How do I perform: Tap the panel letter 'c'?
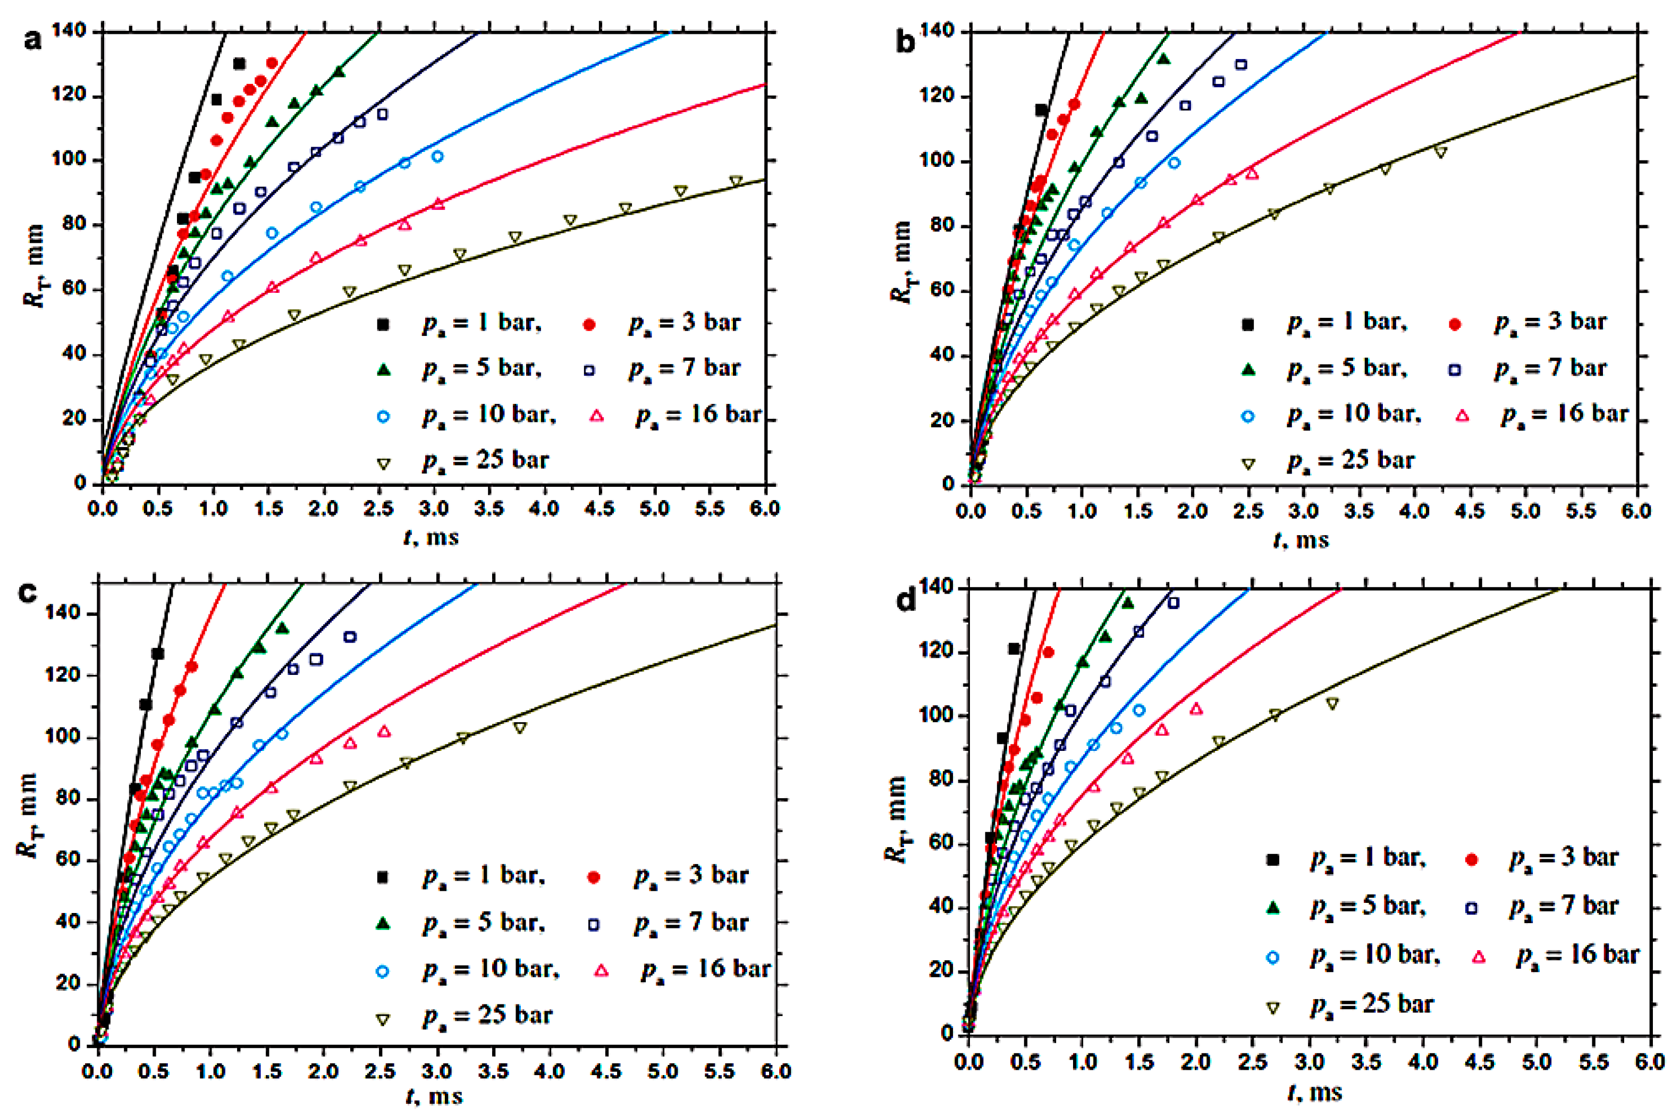(x=27, y=592)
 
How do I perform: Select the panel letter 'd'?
(x=906, y=602)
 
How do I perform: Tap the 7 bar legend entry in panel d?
(x=1563, y=906)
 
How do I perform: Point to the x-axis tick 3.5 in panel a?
(x=489, y=509)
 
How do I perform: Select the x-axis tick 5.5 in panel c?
(x=720, y=1071)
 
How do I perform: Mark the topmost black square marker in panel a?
(x=239, y=64)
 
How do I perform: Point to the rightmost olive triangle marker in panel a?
(x=736, y=182)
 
